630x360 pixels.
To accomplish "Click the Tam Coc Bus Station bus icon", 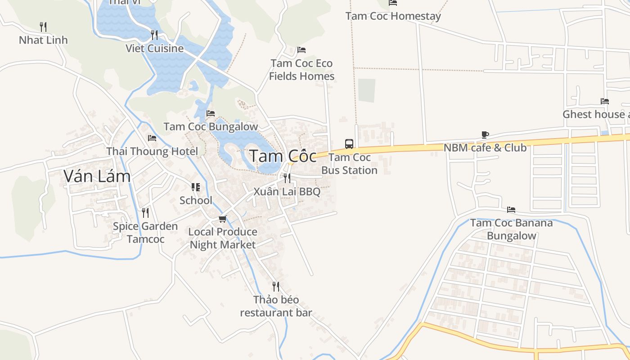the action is tap(349, 144).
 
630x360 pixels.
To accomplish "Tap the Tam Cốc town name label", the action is tap(283, 156).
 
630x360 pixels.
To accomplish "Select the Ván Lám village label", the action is tap(97, 176).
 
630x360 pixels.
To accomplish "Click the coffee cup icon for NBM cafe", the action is tap(485, 135).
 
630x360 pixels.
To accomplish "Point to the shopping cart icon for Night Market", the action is tap(222, 219).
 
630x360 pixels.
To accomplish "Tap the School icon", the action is tap(196, 187).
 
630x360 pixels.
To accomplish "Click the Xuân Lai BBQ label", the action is tap(287, 192).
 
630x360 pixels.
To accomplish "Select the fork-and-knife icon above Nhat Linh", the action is tap(43, 27).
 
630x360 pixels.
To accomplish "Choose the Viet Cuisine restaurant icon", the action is tap(154, 35).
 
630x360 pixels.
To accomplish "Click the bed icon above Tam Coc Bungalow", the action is tap(210, 113).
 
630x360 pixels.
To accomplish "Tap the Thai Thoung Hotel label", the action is tap(152, 151).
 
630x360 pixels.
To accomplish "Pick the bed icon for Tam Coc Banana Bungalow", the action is tap(511, 210).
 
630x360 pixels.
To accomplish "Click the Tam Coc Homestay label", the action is tap(393, 16).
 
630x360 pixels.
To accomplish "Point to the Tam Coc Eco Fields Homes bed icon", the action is tap(301, 50).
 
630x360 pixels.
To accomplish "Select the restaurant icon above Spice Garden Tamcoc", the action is tap(145, 213).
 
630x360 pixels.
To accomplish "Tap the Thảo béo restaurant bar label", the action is tap(276, 306).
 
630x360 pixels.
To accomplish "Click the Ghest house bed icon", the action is tap(604, 101).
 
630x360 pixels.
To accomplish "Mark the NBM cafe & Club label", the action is tap(485, 148).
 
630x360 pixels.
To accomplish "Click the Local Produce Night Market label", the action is tap(223, 238).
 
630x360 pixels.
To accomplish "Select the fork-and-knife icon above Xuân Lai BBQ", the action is tap(287, 179).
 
